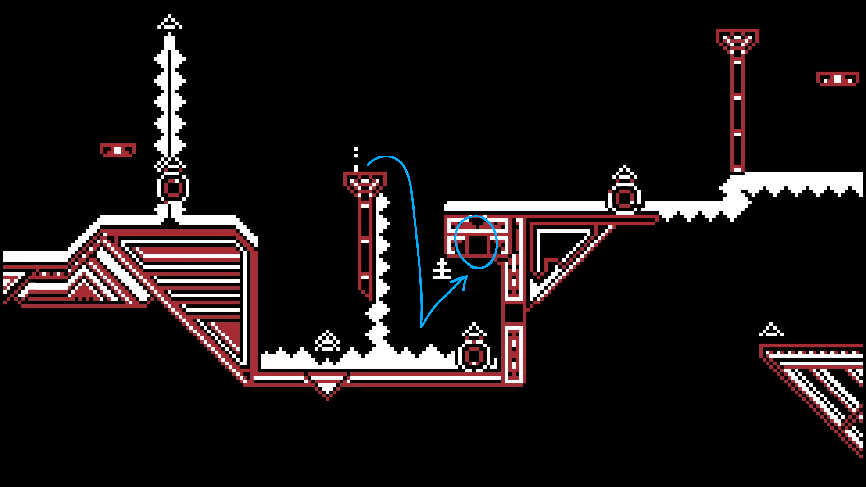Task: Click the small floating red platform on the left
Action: pyautogui.click(x=118, y=150)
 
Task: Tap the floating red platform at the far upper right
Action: pyautogui.click(x=838, y=79)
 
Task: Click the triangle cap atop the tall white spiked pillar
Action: pyautogui.click(x=170, y=23)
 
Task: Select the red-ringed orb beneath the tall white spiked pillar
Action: pyautogui.click(x=173, y=188)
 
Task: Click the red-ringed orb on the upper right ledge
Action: pyautogui.click(x=625, y=198)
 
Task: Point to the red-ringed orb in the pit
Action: pyautogui.click(x=474, y=356)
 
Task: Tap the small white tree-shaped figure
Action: pyautogui.click(x=442, y=269)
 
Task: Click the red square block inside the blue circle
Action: pyautogui.click(x=477, y=245)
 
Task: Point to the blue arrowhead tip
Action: pyautogui.click(x=466, y=276)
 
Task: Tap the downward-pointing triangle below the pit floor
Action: pyautogui.click(x=327, y=387)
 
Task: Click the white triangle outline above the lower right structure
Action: pyautogui.click(x=771, y=330)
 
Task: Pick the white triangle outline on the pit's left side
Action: pyautogui.click(x=327, y=341)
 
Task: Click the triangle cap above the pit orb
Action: pyautogui.click(x=474, y=331)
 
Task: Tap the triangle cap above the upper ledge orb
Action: pyautogui.click(x=625, y=174)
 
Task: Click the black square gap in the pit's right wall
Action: pyautogui.click(x=513, y=313)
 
